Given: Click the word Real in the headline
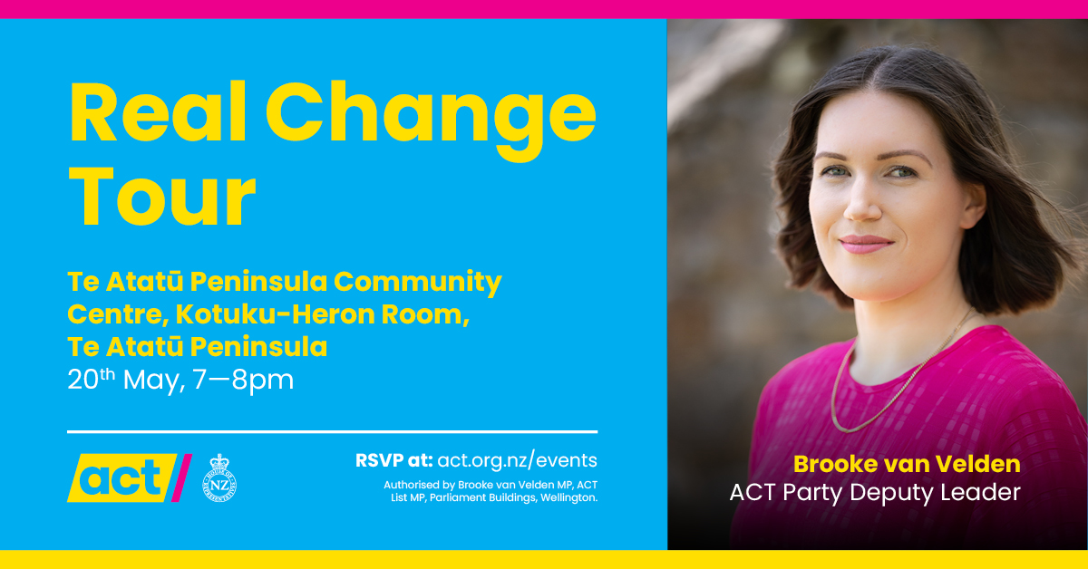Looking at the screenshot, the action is coord(159,112).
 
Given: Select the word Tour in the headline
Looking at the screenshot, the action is coord(162,197).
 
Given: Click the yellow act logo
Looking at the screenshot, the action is coord(121,477).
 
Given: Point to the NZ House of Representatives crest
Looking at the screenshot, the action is coord(219,477).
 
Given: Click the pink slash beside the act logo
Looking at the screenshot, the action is coord(181,477).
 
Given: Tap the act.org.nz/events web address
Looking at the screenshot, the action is coord(518,460).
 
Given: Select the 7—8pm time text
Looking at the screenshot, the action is coord(243,381).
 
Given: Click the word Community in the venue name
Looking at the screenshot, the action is coord(418,283).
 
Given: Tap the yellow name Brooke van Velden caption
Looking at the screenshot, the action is coord(907,464).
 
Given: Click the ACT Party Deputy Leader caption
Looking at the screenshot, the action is coord(875,493).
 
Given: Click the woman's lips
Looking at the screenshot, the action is coord(867,244).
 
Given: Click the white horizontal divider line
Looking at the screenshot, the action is coord(332,431).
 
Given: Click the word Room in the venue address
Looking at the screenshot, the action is coord(425,314).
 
